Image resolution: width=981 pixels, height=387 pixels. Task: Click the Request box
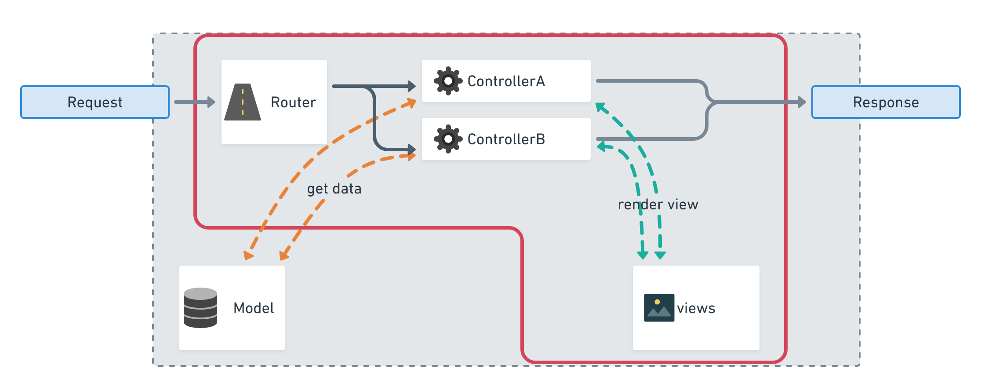pos(95,102)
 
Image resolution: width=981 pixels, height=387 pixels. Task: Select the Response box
pos(886,102)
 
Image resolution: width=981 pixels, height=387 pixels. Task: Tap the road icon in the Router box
pos(243,102)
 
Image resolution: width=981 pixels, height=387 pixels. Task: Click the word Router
pos(293,102)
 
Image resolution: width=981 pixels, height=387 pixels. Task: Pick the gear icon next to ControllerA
pos(448,81)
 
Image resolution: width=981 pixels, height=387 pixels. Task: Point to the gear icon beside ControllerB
pos(448,139)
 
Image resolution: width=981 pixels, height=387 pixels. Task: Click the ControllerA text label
pos(506,81)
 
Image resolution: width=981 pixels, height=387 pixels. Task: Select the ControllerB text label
pos(506,139)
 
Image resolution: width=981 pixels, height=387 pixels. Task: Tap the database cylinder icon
pos(200,308)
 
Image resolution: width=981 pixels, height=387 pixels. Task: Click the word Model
pos(254,308)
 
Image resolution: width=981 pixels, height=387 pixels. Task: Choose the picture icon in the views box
pos(659,308)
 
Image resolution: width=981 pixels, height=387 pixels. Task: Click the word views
pos(696,308)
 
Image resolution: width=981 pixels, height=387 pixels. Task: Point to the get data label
pos(334,189)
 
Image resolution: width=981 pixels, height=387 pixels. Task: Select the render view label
pos(658,204)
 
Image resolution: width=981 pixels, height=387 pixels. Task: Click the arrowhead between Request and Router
pos(211,102)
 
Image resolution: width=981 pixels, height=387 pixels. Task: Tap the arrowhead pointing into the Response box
pos(802,102)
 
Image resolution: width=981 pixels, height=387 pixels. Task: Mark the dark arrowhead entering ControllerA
pos(412,86)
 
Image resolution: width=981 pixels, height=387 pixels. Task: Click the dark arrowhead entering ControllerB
pos(412,150)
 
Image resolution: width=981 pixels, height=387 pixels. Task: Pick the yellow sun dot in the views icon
pos(657,302)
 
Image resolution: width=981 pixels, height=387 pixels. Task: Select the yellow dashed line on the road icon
pos(243,102)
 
